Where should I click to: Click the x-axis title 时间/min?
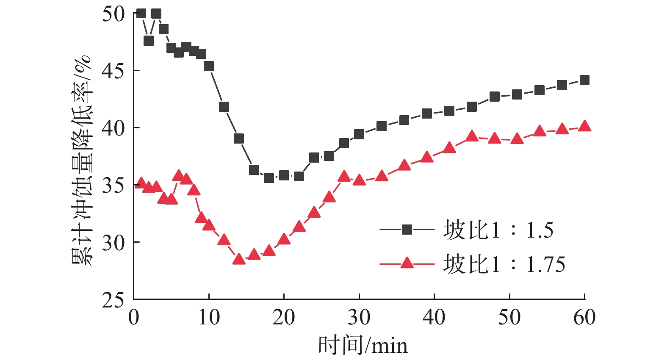[x=363, y=345]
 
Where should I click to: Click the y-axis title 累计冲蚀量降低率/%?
[x=81, y=160]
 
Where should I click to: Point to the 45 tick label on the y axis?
[x=113, y=71]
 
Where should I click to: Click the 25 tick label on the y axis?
[x=113, y=300]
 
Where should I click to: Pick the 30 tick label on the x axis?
[x=359, y=318]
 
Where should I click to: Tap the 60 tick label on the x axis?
[x=584, y=318]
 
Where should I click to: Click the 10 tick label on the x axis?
[x=209, y=318]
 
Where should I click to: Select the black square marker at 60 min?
[x=584, y=80]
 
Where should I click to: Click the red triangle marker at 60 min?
[x=584, y=126]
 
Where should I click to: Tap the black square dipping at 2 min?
[x=149, y=41]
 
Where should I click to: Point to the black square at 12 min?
[x=224, y=107]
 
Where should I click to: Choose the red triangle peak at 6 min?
[x=179, y=175]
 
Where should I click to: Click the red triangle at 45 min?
[x=472, y=136]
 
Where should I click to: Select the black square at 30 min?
[x=359, y=134]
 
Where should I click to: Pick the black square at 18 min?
[x=269, y=178]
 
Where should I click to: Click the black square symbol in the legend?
[x=407, y=230]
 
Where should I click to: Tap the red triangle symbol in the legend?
[x=407, y=263]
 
